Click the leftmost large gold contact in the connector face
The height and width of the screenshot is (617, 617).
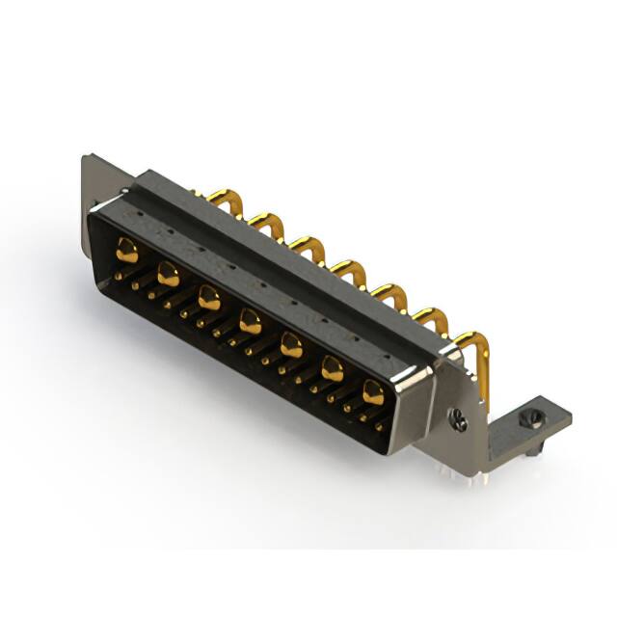(x=126, y=253)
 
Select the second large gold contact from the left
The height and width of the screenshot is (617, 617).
(x=168, y=275)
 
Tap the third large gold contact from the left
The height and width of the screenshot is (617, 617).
(x=209, y=297)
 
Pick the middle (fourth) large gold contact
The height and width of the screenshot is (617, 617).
(x=251, y=320)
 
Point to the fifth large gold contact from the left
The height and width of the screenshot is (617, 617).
(x=291, y=343)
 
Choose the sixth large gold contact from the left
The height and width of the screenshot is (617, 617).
(x=333, y=367)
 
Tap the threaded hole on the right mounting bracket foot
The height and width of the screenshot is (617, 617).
(x=526, y=418)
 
